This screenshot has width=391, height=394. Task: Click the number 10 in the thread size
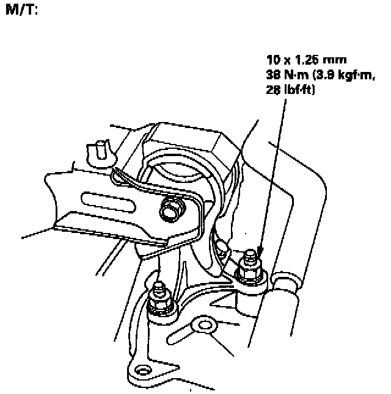pyautogui.click(x=272, y=60)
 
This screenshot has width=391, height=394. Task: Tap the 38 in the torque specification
pyautogui.click(x=273, y=75)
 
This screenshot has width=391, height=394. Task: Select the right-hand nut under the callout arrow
pyautogui.click(x=250, y=268)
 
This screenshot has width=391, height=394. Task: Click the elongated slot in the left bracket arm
pyautogui.click(x=108, y=201)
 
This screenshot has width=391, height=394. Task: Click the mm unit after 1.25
pyautogui.click(x=337, y=60)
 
